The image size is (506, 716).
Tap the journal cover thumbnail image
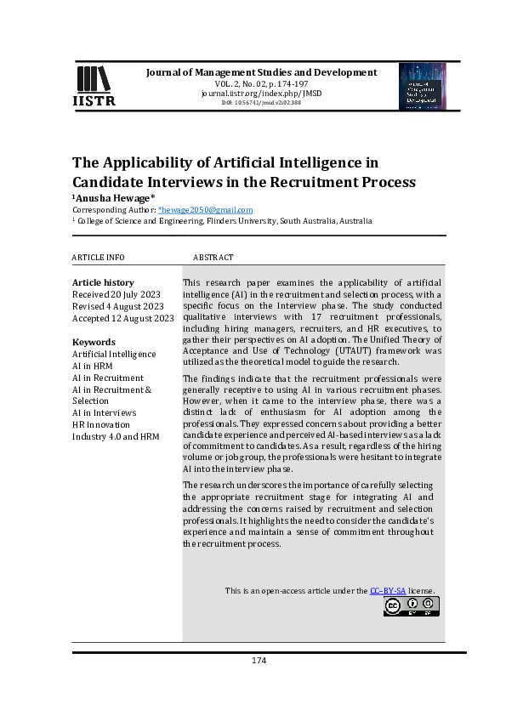(x=422, y=87)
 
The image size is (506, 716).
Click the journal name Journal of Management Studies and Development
(x=262, y=72)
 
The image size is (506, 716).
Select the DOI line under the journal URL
(x=262, y=103)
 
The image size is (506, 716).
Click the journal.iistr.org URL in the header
(x=262, y=94)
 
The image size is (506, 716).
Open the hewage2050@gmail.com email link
(x=206, y=209)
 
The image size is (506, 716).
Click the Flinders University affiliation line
(x=222, y=220)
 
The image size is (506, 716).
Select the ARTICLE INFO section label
(x=98, y=258)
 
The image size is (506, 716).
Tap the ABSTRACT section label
(x=213, y=258)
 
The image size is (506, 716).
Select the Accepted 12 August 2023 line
(x=122, y=318)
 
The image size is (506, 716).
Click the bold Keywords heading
(x=94, y=342)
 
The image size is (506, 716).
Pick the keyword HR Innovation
(x=101, y=424)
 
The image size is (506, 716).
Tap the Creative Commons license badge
(x=412, y=606)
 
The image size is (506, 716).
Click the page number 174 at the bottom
(x=259, y=661)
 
